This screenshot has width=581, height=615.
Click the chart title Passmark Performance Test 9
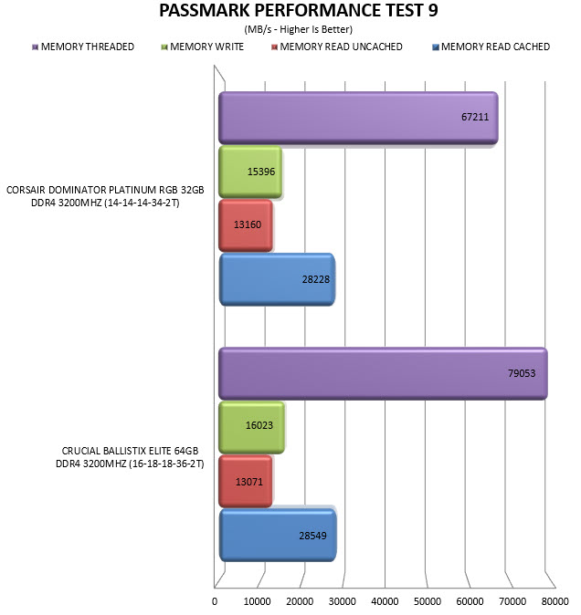pos(299,11)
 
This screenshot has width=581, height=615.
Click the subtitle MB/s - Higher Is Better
pos(299,29)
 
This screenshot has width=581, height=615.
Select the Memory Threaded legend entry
pos(83,47)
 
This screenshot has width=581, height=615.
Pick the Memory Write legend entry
pos(203,47)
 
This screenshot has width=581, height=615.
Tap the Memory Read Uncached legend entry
pos(337,47)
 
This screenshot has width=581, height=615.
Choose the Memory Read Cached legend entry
pos(491,47)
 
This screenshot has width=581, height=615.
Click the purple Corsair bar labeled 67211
pos(358,118)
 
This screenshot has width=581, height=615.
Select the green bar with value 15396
pos(250,172)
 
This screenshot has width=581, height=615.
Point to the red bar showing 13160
pos(246,225)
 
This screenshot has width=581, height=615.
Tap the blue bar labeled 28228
pos(277,279)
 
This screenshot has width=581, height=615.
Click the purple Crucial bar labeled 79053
pos(383,374)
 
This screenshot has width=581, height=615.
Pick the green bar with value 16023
pos(251,428)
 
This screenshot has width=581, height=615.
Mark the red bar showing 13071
pos(246,481)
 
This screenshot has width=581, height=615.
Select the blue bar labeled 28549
pos(278,536)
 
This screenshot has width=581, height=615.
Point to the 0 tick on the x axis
pos(215,601)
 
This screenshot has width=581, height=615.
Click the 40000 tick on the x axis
pos(385,601)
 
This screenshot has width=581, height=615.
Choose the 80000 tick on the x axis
pos(555,601)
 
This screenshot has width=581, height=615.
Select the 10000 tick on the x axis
pos(257,601)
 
